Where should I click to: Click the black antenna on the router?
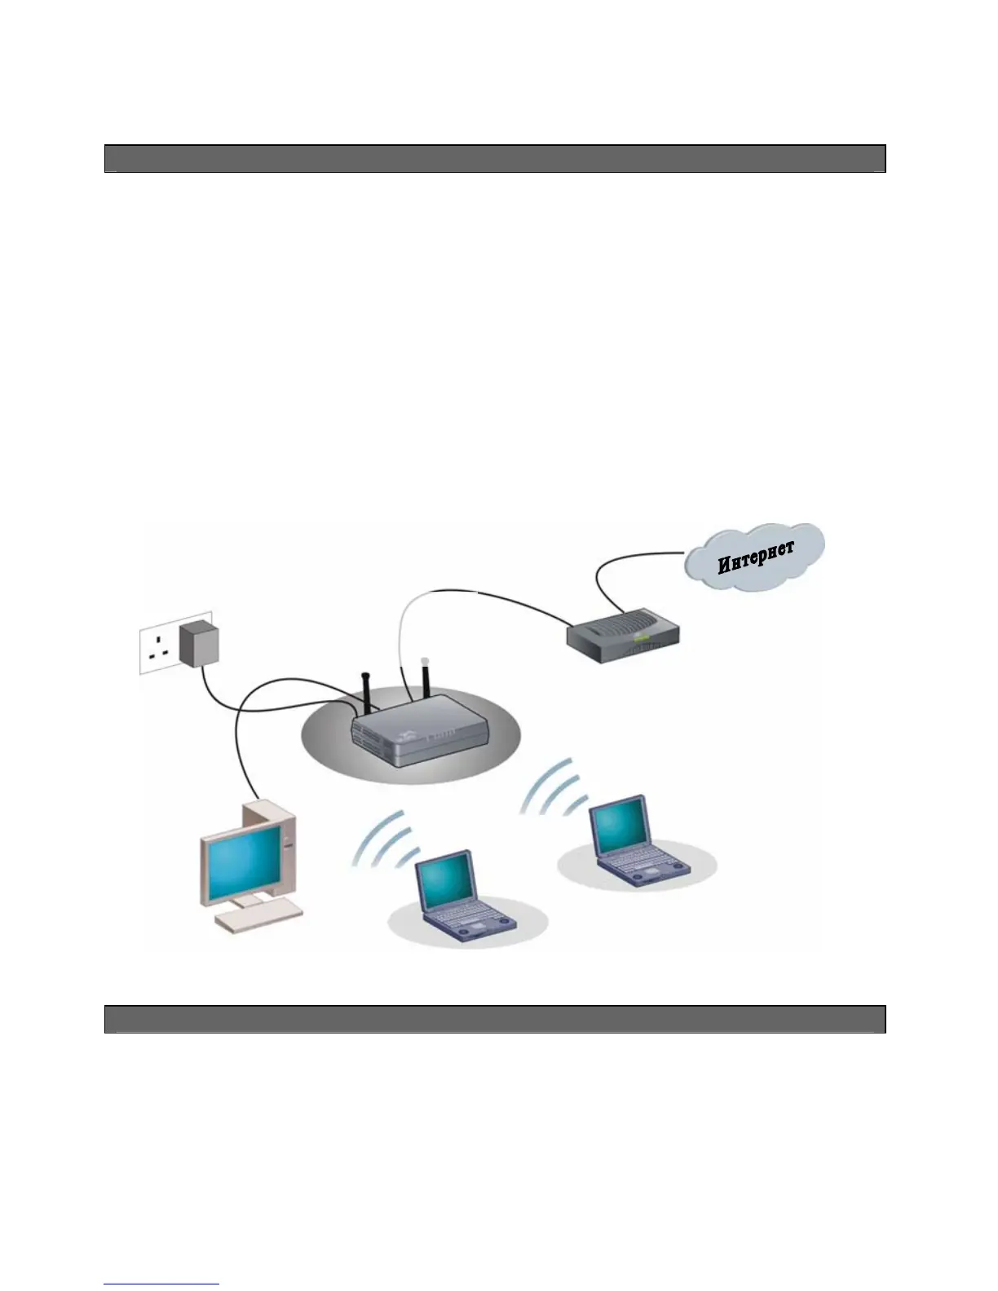tap(366, 693)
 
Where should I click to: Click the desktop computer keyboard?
tap(258, 919)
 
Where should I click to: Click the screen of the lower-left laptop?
tap(444, 881)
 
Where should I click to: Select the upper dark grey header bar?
tap(495, 159)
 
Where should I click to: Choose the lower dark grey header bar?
tap(495, 1019)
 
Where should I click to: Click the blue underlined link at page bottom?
tap(161, 1284)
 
